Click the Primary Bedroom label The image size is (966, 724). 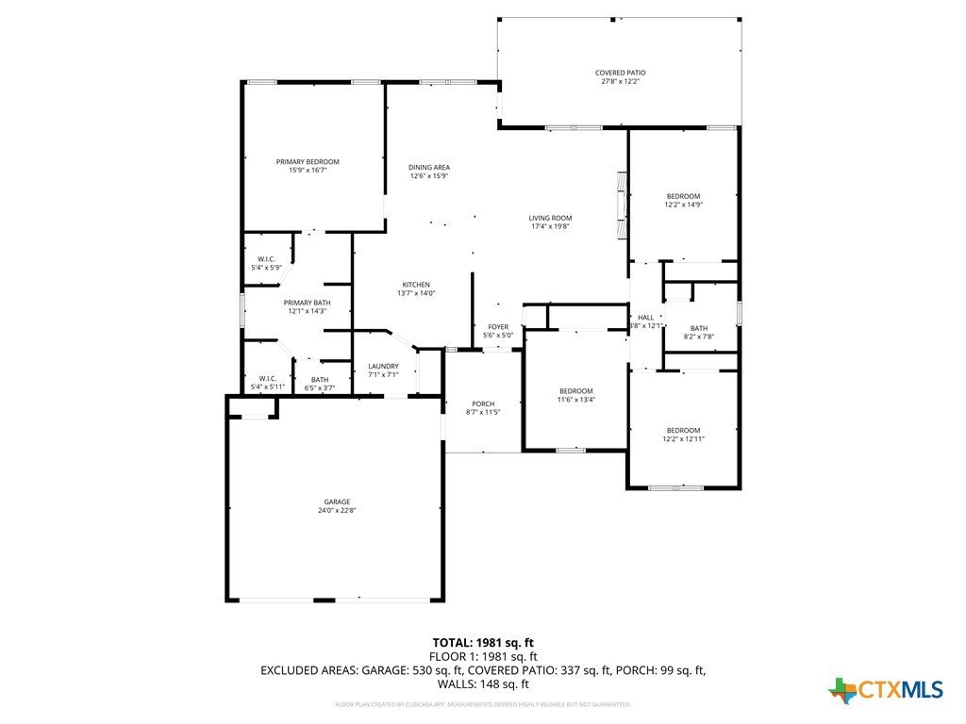[308, 162]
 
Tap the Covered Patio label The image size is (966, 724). [620, 73]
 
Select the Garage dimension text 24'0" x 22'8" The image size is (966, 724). [338, 510]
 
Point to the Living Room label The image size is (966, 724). [550, 218]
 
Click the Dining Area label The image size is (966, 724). [428, 167]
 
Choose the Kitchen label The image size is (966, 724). [416, 285]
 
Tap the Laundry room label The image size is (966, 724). [383, 367]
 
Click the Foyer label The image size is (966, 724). [498, 327]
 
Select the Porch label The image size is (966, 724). [483, 403]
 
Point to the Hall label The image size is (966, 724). [645, 318]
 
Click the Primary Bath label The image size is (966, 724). [307, 303]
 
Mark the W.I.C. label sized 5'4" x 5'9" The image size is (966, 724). [266, 259]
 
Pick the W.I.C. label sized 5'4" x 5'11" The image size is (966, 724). [267, 379]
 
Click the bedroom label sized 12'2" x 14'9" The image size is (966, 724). [683, 196]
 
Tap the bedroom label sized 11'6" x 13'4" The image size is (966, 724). [575, 391]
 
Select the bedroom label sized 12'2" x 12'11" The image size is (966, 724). [683, 430]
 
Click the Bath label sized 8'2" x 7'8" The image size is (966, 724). [698, 328]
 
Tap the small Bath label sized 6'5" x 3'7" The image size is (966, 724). [321, 379]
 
